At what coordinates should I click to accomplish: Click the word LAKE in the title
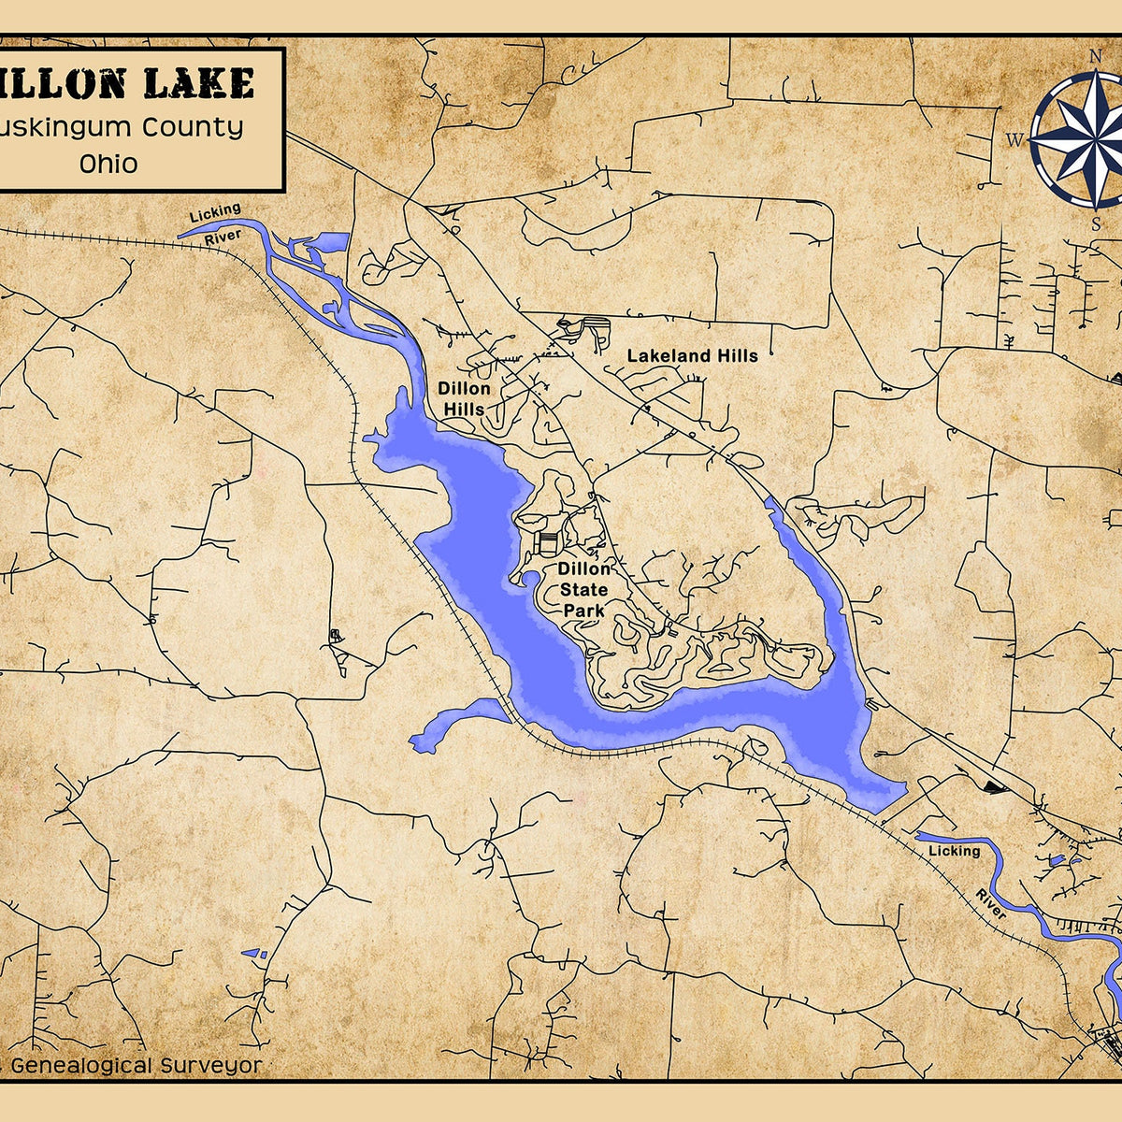tap(197, 83)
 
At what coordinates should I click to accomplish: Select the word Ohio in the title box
tap(108, 164)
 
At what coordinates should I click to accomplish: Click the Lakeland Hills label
tap(692, 355)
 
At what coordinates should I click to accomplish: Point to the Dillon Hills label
tap(465, 398)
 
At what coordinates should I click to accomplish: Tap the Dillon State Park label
tap(584, 589)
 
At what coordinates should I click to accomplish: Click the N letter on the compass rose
tap(1095, 55)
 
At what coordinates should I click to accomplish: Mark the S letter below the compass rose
tap(1095, 223)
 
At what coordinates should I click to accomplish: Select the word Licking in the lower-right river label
tap(954, 851)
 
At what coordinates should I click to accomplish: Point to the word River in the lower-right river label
tap(991, 904)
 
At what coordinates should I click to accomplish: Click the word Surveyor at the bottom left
tap(211, 1065)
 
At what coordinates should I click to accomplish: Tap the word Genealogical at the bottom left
tap(82, 1065)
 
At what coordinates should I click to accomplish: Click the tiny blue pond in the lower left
tap(253, 954)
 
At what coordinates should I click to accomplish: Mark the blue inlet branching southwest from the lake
tap(449, 725)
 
